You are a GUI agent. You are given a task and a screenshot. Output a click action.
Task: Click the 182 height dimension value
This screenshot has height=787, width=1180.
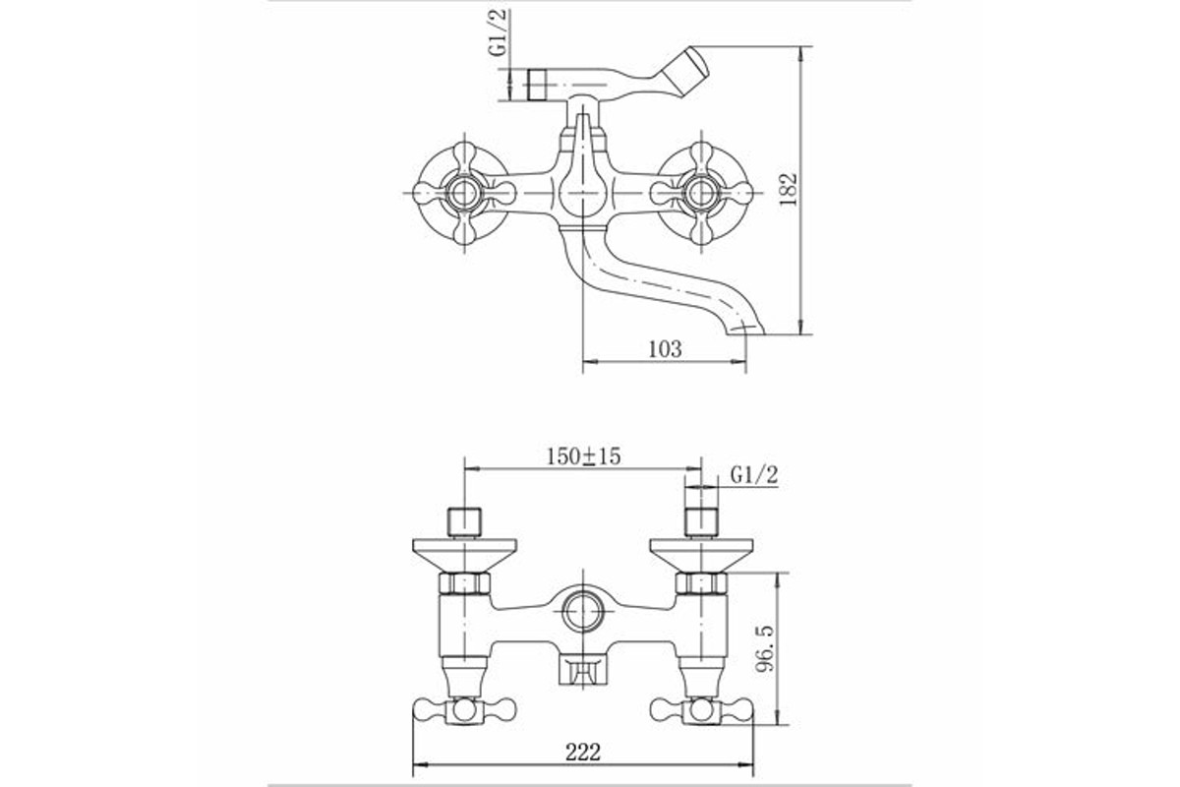789,189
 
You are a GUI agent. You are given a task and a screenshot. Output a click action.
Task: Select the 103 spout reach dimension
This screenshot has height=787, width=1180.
665,349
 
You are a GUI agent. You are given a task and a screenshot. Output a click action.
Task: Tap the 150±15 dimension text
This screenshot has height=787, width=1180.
584,455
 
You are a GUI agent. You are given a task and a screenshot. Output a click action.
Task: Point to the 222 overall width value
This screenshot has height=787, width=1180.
583,753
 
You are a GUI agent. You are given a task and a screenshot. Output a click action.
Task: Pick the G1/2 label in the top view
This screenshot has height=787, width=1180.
498,32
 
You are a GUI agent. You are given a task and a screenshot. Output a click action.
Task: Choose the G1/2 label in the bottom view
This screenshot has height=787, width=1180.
754,475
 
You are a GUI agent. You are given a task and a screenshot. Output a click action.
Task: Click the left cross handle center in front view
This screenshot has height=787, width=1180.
464,193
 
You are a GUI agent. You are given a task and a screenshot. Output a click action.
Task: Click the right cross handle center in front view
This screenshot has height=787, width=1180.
701,193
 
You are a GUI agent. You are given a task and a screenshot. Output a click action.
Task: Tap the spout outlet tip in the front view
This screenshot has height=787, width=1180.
746,330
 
